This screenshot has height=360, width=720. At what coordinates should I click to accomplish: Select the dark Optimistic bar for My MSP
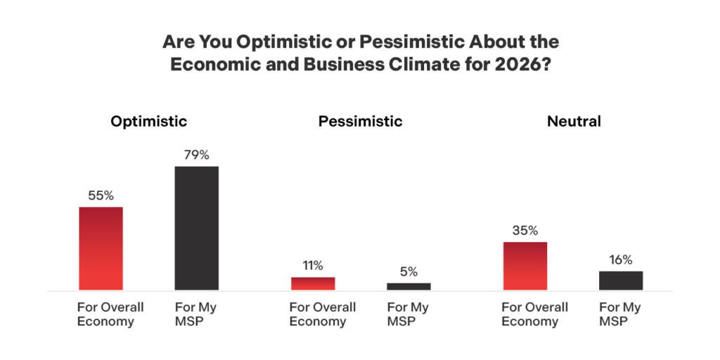[x=196, y=228]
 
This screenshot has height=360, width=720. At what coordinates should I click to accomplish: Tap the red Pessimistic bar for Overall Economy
[x=313, y=283]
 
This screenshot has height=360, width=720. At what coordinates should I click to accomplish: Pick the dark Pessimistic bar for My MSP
[x=409, y=286]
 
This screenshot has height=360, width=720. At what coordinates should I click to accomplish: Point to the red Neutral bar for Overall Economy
[x=525, y=266]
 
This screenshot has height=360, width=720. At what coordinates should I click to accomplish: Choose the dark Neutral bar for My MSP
[x=621, y=281]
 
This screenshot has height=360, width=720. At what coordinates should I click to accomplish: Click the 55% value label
[x=101, y=195]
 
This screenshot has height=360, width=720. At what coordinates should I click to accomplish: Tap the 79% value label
[x=196, y=155]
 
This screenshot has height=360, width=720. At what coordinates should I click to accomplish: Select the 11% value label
[x=313, y=266]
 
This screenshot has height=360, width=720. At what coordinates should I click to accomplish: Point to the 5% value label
[x=409, y=271]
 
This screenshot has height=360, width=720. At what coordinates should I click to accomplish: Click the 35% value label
[x=525, y=231]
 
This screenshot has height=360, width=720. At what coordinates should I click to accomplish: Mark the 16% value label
[x=621, y=259]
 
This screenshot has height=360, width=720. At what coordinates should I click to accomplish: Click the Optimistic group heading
[x=149, y=121]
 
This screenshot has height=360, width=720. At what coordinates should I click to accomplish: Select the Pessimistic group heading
[x=361, y=121]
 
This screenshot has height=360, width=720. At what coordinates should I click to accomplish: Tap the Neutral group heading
[x=574, y=121]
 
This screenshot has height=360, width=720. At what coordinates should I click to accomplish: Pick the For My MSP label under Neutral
[x=620, y=314]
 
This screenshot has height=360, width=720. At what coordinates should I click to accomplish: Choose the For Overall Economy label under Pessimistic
[x=323, y=314]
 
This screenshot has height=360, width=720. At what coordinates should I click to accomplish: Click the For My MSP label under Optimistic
[x=195, y=314]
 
